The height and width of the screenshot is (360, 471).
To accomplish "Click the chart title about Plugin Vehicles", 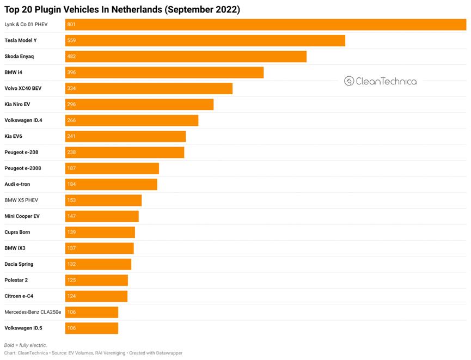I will [122, 9].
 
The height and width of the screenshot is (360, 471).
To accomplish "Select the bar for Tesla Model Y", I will [205, 41].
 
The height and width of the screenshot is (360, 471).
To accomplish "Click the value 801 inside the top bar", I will [71, 25].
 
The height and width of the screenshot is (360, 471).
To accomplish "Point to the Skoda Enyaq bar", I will [186, 57].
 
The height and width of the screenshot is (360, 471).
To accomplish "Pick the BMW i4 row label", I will [13, 72].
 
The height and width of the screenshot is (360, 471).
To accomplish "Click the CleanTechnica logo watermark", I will [381, 81].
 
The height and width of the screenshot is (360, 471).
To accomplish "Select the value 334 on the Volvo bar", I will [71, 89].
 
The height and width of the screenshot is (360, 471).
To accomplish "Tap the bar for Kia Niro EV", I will [139, 105].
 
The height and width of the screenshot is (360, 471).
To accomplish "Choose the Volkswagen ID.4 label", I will [23, 120].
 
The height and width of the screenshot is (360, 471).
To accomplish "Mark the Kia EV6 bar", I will [125, 136].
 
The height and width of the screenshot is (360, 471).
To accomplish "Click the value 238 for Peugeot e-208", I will [71, 152].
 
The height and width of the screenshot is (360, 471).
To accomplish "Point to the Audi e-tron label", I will [17, 185].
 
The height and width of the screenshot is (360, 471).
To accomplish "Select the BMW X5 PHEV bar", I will [103, 200].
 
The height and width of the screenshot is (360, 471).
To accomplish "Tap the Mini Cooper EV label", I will [22, 216].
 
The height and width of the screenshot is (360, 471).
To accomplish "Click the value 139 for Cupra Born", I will [71, 233].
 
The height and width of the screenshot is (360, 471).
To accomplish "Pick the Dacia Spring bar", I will [98, 264].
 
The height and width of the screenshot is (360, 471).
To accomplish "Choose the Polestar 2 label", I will [16, 280].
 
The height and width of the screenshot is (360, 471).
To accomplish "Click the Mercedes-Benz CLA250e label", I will [33, 312].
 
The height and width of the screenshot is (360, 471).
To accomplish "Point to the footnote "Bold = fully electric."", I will [26, 345].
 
